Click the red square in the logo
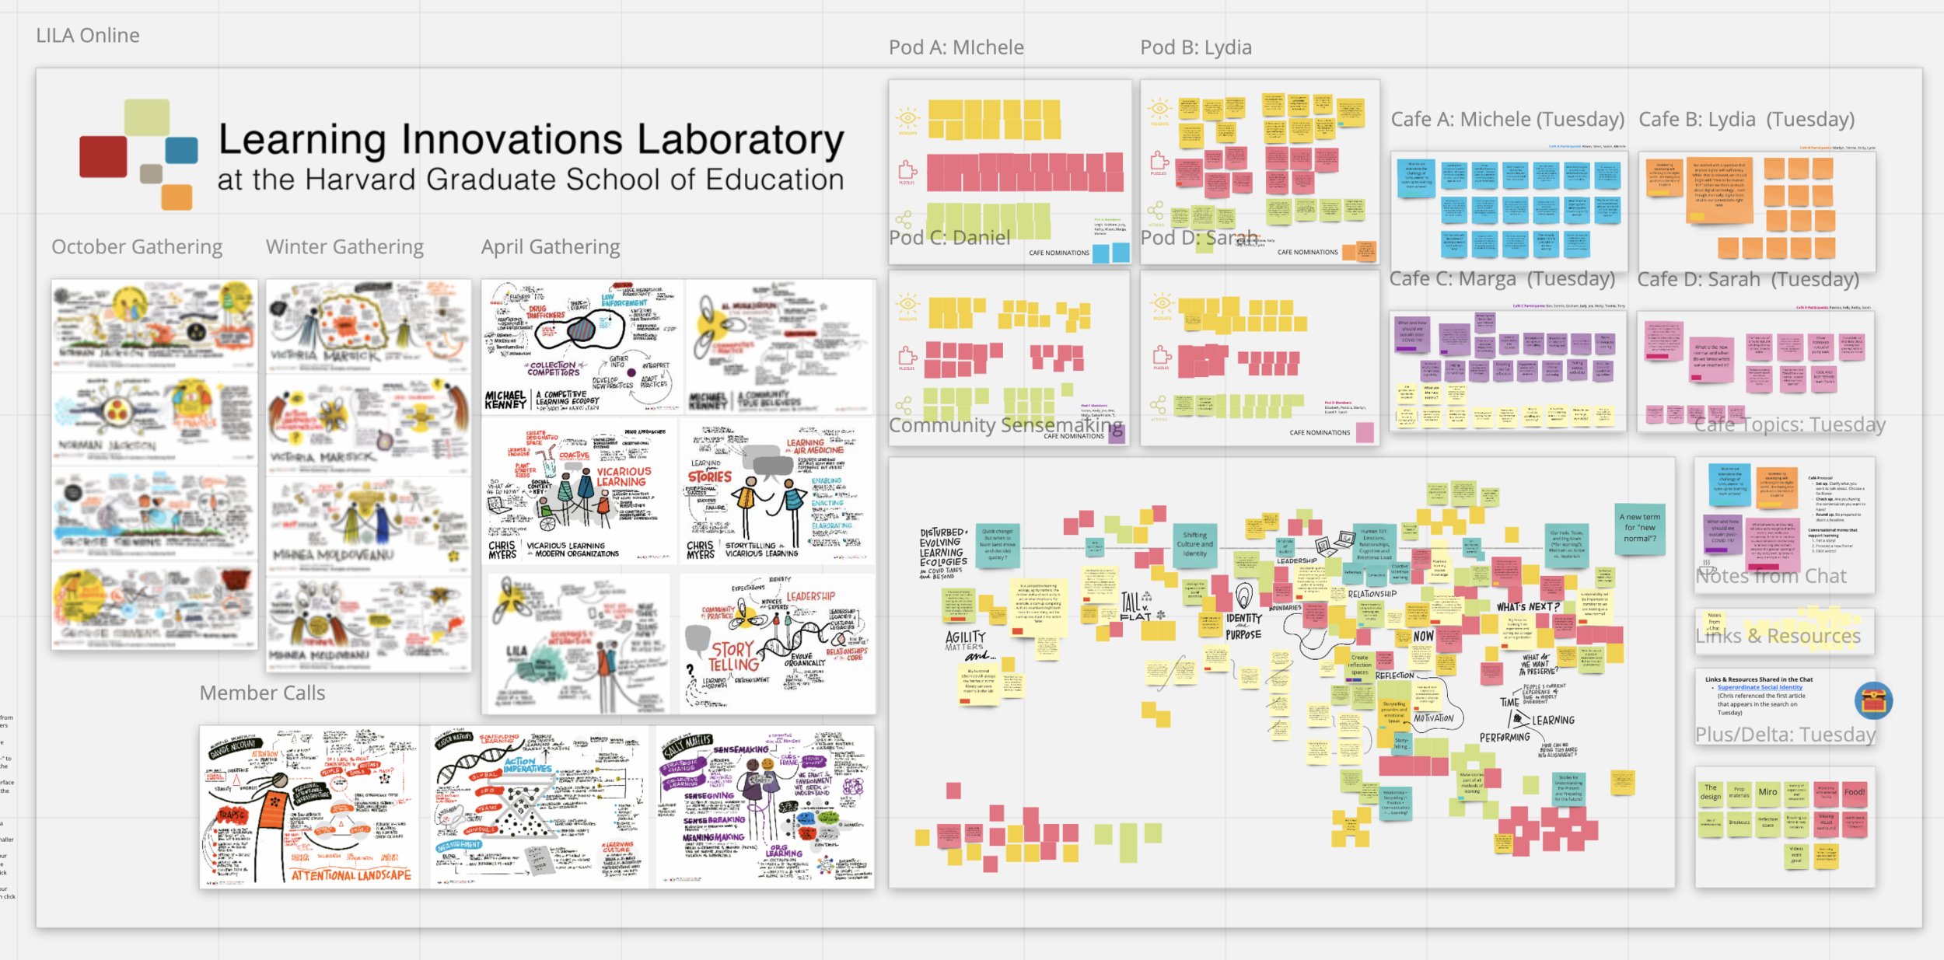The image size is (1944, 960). click(103, 156)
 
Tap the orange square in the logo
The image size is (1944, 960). click(177, 197)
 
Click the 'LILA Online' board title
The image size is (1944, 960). click(88, 36)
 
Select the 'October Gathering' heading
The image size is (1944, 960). click(137, 247)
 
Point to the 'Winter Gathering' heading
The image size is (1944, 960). click(344, 247)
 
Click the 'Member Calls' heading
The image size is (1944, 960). click(262, 693)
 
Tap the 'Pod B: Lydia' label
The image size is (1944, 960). click(1195, 48)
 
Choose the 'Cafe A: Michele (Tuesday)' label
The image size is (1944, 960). click(1507, 120)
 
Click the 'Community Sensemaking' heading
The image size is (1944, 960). click(1005, 425)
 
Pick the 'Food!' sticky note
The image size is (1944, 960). click(1854, 793)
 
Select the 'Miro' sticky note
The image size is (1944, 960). click(1767, 793)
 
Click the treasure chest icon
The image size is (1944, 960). click(1873, 701)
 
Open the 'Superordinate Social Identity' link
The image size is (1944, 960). click(1760, 687)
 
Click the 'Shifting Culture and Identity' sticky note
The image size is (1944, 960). click(1194, 544)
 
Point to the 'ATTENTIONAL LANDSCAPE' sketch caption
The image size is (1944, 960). click(351, 875)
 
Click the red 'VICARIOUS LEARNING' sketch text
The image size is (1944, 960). click(623, 477)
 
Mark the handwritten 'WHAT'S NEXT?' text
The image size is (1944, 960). click(1527, 607)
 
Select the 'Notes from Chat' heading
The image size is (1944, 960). click(1771, 577)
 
